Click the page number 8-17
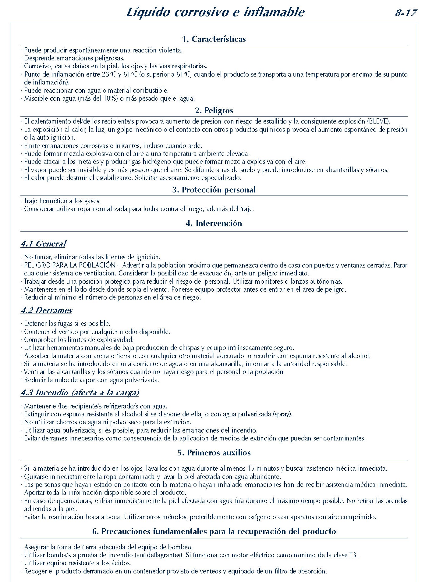pyautogui.click(x=406, y=13)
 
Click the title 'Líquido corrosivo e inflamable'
pyautogui.click(x=215, y=12)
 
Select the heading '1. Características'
pyautogui.click(x=214, y=39)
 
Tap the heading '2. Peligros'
pyautogui.click(x=214, y=110)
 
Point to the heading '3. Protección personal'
pyautogui.click(x=214, y=190)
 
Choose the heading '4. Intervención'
pyautogui.click(x=214, y=223)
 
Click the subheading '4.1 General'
pyautogui.click(x=43, y=244)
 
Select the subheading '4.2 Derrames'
pyautogui.click(x=46, y=310)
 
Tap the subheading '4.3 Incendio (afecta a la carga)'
pyautogui.click(x=80, y=393)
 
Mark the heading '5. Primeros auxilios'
pyautogui.click(x=214, y=453)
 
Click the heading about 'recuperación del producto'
pyautogui.click(x=214, y=531)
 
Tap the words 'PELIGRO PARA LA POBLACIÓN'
pyautogui.click(x=70, y=265)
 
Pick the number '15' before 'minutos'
pyautogui.click(x=251, y=469)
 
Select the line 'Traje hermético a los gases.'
pyautogui.click(x=62, y=201)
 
